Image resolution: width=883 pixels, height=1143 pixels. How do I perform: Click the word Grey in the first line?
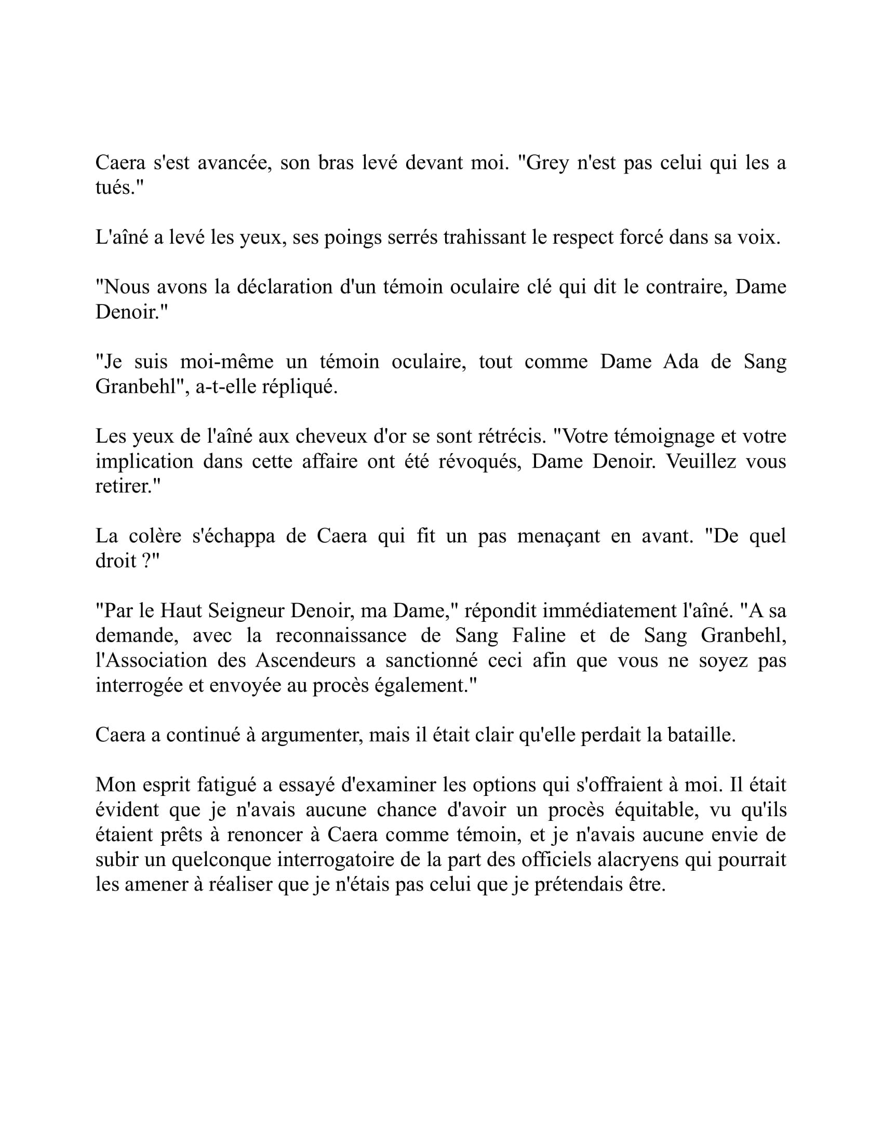tap(547, 163)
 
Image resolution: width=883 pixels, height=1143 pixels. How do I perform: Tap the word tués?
tap(116, 188)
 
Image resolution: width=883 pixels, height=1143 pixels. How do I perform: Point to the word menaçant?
tap(558, 536)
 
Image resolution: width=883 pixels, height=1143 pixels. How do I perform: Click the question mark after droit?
tap(147, 561)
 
